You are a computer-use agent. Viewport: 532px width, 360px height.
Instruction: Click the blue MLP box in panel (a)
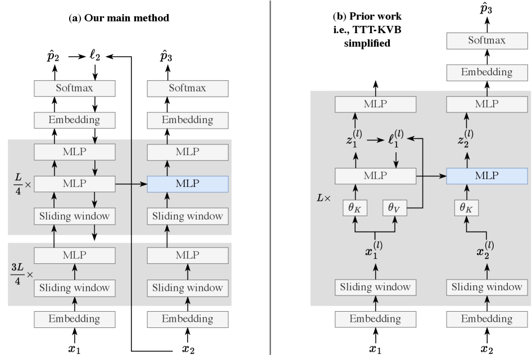coord(187,184)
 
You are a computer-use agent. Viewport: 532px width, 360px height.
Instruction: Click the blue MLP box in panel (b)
coord(487,176)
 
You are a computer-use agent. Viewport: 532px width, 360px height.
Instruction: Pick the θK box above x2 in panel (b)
coord(467,207)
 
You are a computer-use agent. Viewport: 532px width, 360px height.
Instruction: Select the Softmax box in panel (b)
coord(487,40)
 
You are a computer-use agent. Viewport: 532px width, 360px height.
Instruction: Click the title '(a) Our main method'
coord(119,18)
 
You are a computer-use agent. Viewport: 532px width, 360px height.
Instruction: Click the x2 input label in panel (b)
coord(486,349)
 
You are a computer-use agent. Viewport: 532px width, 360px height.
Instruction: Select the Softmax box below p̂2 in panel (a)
coord(74,88)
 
